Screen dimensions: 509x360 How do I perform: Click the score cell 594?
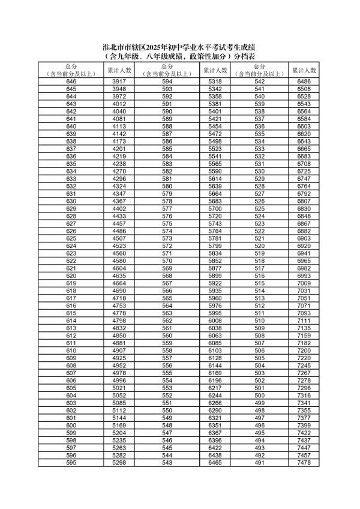(x=167, y=81)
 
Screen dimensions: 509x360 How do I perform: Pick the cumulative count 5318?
(x=215, y=81)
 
